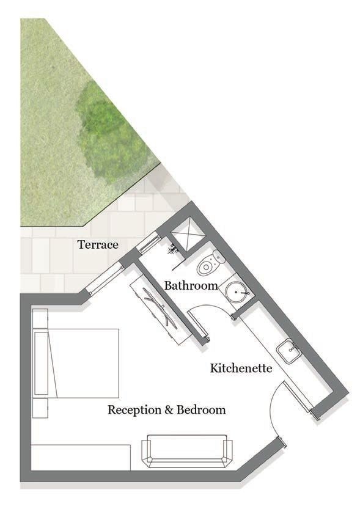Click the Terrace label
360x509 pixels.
(98, 244)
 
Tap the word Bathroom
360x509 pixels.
(191, 286)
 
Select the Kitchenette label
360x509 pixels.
(241, 368)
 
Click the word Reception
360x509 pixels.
(134, 410)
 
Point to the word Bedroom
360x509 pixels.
(201, 409)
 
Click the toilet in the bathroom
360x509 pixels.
(210, 262)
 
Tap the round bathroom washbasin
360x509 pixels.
(236, 291)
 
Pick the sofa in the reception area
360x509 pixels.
(187, 451)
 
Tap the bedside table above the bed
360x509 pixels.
(40, 319)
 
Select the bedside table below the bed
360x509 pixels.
(40, 408)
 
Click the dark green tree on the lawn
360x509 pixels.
(112, 133)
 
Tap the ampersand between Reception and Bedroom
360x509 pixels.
(169, 410)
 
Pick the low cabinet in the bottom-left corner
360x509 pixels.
(81, 457)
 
